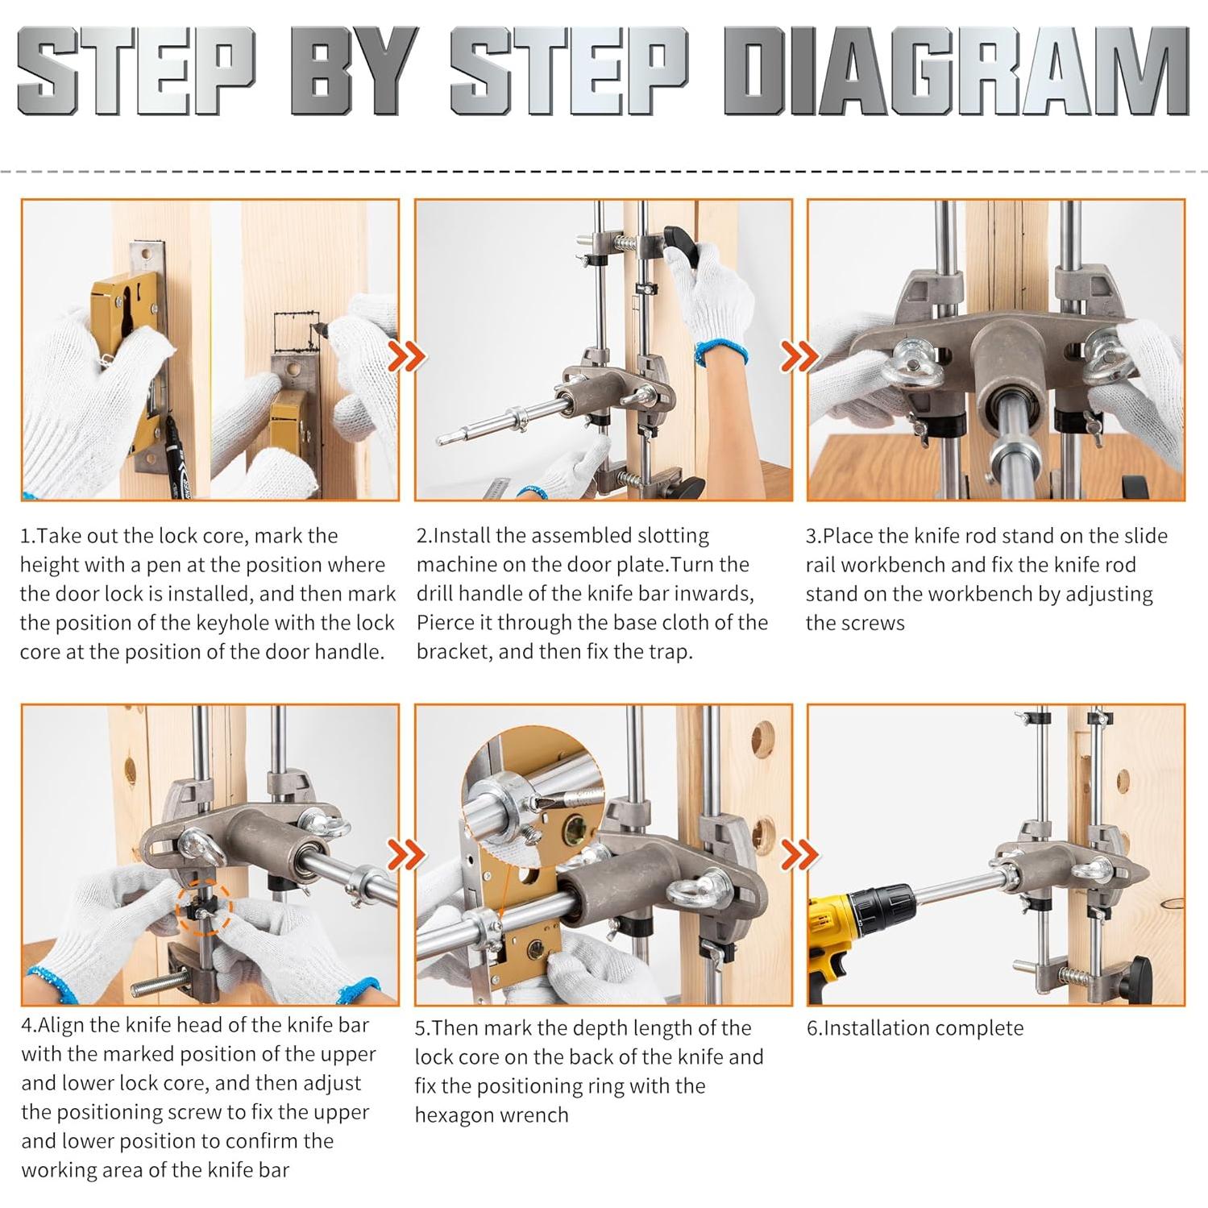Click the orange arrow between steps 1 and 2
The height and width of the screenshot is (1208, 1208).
tap(409, 355)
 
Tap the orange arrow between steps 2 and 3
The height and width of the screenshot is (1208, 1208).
tap(800, 355)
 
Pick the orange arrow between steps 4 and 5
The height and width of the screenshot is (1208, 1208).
tap(409, 855)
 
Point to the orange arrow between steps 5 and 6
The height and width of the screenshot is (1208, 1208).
tap(800, 855)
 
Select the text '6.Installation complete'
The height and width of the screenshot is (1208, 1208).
tap(915, 1028)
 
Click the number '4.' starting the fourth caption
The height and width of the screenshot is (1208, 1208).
tap(29, 1026)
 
